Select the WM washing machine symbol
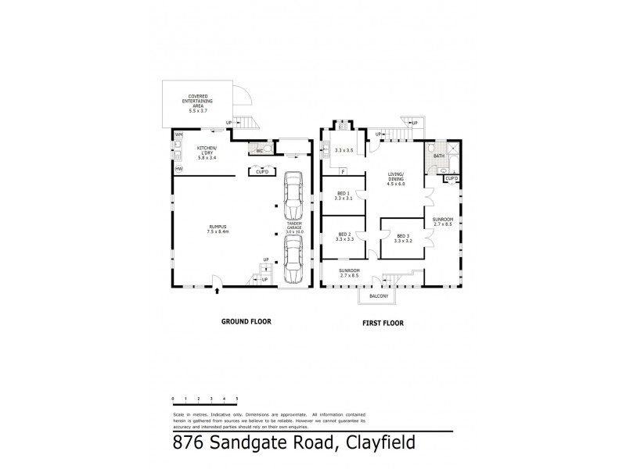coord(178,135)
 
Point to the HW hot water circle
coord(178,169)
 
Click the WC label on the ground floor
coord(260,152)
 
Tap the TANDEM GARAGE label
coord(294,226)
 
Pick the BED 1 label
coord(344,195)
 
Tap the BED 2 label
coord(344,236)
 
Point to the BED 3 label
coord(403,238)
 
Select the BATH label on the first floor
coord(438,156)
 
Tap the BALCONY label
coord(378,297)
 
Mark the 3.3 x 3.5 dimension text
coord(344,149)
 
